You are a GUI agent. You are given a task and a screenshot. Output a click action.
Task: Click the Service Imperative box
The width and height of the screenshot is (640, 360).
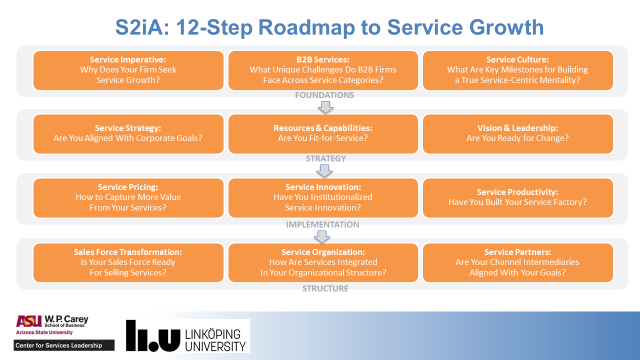point(128,70)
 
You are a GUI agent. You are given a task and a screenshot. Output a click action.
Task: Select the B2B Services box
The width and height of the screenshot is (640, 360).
point(323,70)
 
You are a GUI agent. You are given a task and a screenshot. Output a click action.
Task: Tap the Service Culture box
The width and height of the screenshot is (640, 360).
point(517,70)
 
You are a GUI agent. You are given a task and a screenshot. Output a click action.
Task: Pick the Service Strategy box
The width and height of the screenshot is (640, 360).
point(128,134)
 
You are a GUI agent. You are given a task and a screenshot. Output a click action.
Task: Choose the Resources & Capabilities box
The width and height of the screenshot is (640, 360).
point(323,134)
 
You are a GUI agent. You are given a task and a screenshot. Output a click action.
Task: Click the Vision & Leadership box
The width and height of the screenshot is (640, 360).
point(517,134)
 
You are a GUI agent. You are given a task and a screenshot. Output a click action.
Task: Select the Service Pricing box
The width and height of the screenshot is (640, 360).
point(128,198)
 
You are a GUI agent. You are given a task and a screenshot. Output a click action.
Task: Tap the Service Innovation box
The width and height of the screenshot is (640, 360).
point(323,198)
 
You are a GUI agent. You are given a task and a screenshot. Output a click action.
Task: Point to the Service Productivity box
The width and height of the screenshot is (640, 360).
point(517,198)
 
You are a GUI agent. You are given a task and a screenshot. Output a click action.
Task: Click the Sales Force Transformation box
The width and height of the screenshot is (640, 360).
point(128,262)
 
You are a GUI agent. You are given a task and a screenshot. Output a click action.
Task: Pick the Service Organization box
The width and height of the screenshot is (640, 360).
point(323,262)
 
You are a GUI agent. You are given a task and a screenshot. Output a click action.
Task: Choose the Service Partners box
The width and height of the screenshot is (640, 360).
point(517,262)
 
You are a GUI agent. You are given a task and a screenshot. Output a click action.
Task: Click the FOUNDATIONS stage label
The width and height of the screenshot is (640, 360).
point(324,95)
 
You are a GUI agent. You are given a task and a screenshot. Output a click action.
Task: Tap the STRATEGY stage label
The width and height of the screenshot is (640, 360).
point(325,158)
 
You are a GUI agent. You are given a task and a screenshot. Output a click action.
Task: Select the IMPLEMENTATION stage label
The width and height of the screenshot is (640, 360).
point(322,224)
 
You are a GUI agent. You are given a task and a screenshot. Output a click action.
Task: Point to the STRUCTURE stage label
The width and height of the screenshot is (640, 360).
point(325,288)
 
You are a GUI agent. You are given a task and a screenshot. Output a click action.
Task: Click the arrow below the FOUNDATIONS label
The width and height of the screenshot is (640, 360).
point(325,107)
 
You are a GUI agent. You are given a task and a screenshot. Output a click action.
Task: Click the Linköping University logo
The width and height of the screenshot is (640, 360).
point(187,335)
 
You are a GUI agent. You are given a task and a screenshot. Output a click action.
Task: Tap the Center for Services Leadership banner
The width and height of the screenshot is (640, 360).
point(64,345)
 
